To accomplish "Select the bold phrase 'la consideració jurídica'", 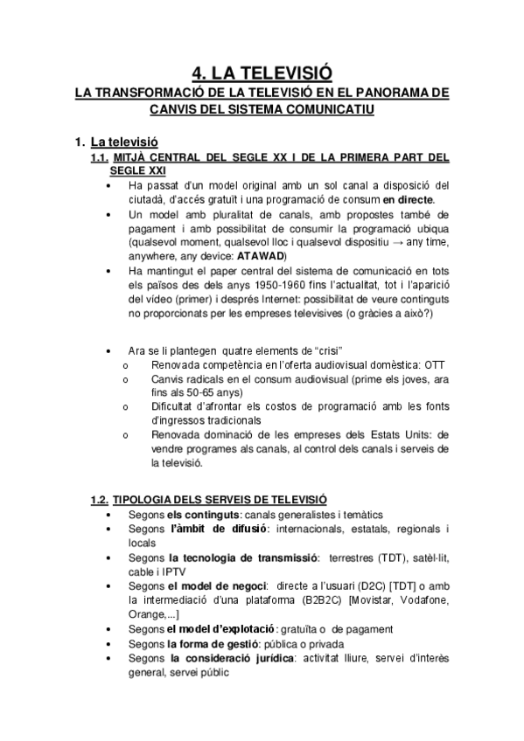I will point(232,658).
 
